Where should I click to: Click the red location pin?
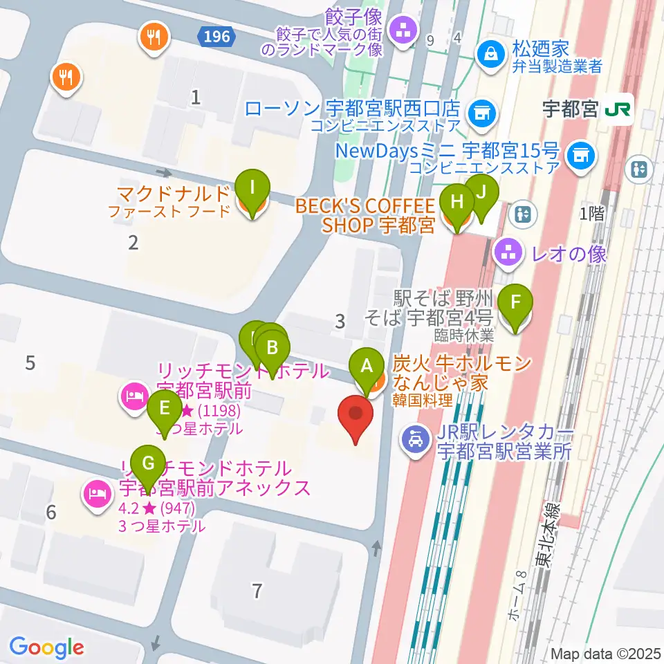pyautogui.click(x=356, y=416)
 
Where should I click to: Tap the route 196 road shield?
pyautogui.click(x=216, y=37)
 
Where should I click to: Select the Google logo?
pyautogui.click(x=46, y=647)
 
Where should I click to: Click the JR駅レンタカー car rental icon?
pyautogui.click(x=416, y=440)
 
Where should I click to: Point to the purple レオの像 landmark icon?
pyautogui.click(x=509, y=253)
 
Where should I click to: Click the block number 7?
pyautogui.click(x=257, y=591)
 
